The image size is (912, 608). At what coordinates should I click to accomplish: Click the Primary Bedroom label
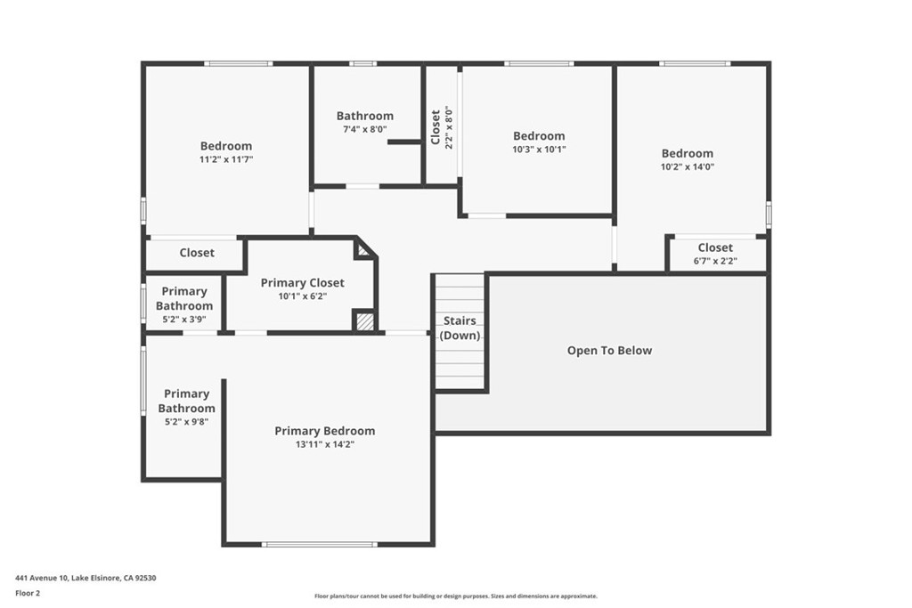(x=324, y=431)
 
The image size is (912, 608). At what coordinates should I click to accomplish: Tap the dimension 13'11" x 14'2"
(x=324, y=444)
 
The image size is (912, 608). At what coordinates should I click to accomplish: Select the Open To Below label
(x=609, y=351)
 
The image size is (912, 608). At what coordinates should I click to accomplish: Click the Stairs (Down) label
(x=460, y=328)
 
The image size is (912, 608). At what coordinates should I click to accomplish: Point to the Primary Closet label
(x=302, y=283)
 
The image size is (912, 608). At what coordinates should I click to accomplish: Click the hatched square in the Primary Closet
(x=364, y=320)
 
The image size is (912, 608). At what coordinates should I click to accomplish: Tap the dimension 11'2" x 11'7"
(x=225, y=159)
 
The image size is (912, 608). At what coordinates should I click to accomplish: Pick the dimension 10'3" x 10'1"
(x=539, y=150)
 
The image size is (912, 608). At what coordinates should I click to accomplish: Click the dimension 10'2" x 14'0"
(x=687, y=166)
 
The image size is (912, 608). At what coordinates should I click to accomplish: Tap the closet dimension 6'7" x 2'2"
(x=716, y=261)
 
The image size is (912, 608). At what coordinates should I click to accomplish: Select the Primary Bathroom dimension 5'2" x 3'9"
(x=184, y=320)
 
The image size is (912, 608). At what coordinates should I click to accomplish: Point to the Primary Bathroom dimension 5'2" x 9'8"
(x=186, y=422)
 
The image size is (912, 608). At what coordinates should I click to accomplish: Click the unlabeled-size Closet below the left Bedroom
(x=197, y=253)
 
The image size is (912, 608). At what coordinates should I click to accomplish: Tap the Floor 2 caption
(x=28, y=592)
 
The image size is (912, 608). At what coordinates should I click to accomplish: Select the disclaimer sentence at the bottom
(x=455, y=596)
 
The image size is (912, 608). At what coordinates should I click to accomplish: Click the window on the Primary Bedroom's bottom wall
(x=319, y=544)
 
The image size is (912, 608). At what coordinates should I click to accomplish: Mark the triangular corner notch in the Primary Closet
(x=362, y=249)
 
